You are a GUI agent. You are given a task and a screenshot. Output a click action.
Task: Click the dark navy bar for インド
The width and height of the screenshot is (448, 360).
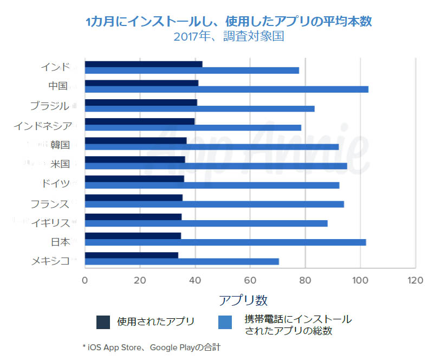(144, 64)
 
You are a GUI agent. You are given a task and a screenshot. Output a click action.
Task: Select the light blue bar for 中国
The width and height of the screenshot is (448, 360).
(226, 89)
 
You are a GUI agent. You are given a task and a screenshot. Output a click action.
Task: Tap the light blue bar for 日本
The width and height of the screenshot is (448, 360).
(225, 242)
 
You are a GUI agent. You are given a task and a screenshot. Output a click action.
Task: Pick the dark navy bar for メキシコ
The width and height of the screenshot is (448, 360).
(132, 255)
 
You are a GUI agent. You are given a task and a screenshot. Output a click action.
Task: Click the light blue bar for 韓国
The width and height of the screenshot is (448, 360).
(212, 146)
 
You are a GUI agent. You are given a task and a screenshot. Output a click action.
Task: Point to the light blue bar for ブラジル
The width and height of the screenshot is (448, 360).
(199, 108)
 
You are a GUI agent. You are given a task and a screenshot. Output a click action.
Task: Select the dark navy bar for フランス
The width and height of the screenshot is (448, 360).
(134, 198)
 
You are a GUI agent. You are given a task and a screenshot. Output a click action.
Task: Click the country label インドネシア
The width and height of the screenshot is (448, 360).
(43, 126)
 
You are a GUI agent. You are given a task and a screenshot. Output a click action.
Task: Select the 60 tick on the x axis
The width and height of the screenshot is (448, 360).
(250, 281)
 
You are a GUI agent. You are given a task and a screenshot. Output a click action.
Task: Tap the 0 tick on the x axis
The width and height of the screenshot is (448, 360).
(85, 281)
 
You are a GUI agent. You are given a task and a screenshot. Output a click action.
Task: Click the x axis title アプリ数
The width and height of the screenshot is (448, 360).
(243, 300)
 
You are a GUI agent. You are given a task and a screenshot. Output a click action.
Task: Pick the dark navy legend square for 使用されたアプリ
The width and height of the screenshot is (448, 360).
(103, 322)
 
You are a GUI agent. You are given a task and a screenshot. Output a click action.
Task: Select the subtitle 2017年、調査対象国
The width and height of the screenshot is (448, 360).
(229, 37)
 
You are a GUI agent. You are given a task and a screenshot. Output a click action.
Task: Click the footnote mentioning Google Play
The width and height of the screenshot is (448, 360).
(152, 346)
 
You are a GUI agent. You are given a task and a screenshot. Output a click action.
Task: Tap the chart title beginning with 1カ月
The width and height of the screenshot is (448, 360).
(229, 22)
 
